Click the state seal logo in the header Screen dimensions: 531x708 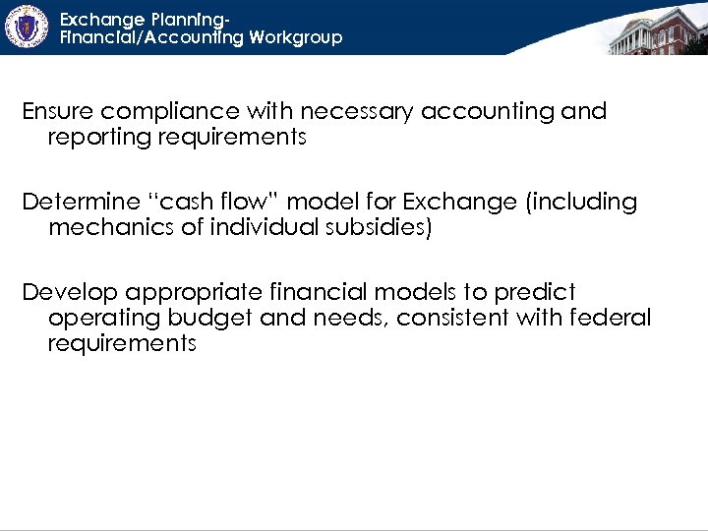[x=26, y=27]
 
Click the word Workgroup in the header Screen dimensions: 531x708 [x=296, y=37]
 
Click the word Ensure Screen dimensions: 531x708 [x=58, y=112]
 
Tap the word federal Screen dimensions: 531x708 [x=612, y=319]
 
